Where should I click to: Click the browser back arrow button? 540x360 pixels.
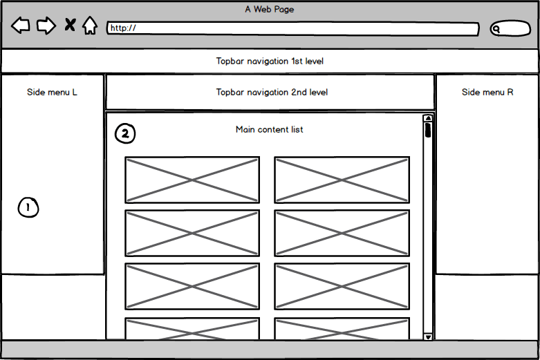tap(21, 26)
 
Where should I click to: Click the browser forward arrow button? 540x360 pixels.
tap(46, 26)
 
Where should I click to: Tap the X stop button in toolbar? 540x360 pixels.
tap(70, 26)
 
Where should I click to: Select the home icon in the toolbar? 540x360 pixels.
tap(90, 26)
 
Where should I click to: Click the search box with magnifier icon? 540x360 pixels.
tap(510, 29)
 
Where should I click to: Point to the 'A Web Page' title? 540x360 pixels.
tap(269, 9)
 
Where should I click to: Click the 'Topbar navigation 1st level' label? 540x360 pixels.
tap(270, 61)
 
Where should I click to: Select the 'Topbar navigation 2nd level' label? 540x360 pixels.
tap(272, 92)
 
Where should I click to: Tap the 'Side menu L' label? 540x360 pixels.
tap(52, 92)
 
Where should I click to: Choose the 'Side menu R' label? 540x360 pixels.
tap(487, 92)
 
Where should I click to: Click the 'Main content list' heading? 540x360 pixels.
tap(269, 129)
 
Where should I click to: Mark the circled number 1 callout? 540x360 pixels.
tap(28, 207)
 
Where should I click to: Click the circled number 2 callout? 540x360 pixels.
tap(125, 134)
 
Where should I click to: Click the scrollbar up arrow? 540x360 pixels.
tap(428, 118)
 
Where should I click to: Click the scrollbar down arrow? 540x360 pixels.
tap(428, 336)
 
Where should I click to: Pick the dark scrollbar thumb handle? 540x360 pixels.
tap(428, 130)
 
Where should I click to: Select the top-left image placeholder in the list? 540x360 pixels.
tap(192, 180)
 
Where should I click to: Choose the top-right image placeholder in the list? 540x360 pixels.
tap(342, 180)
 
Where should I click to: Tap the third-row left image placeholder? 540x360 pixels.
tap(192, 286)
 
